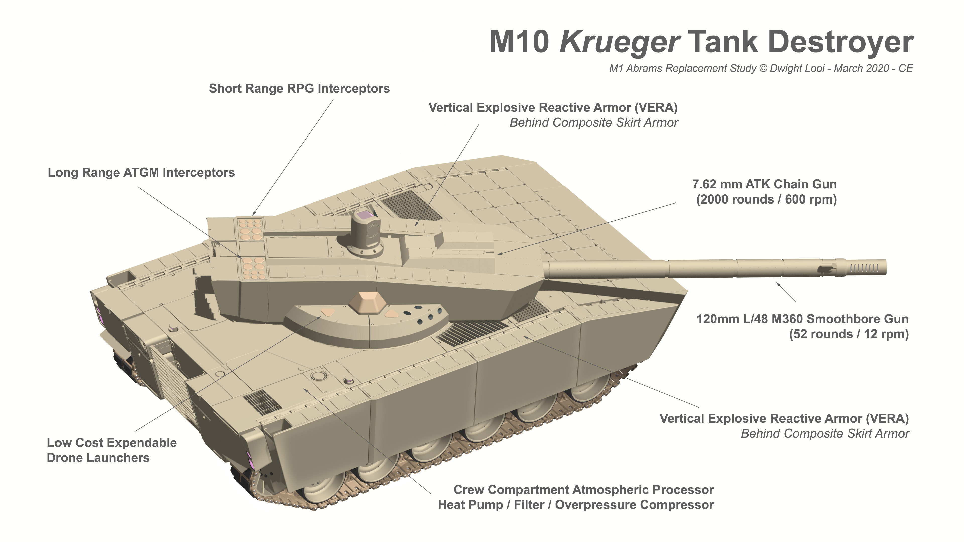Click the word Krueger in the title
pos(619,43)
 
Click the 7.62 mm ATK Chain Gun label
pos(764,184)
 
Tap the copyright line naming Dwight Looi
pos(761,69)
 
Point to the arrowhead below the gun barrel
pos(779,285)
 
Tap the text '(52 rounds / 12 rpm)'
pos(849,334)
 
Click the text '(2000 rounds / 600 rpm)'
pos(766,199)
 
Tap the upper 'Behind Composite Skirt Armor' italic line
pos(594,123)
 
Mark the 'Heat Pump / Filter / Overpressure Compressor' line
pos(576,505)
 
